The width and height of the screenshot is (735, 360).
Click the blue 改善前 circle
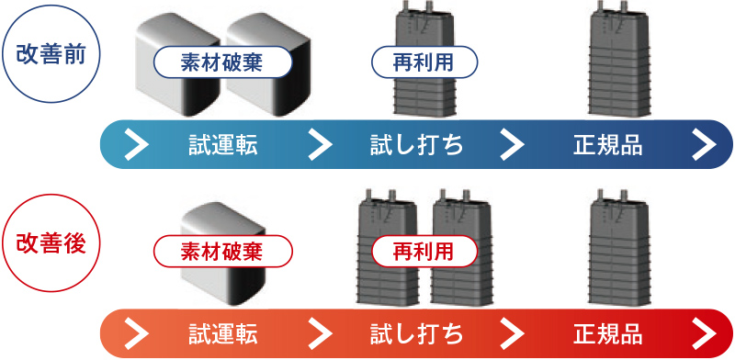(x=51, y=51)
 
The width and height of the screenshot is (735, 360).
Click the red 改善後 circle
(x=51, y=242)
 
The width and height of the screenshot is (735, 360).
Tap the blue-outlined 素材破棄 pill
(x=222, y=62)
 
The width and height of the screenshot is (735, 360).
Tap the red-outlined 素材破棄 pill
(x=222, y=250)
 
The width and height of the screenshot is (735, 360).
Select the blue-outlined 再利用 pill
(x=424, y=62)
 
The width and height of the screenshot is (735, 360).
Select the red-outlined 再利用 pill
(x=424, y=250)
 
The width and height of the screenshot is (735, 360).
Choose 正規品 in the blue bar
(x=607, y=144)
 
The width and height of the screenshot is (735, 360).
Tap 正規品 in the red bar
(x=607, y=331)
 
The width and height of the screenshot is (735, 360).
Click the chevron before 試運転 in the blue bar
(x=135, y=144)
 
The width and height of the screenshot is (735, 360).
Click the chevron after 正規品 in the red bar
(x=705, y=331)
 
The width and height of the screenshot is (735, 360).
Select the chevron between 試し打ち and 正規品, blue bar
(x=512, y=144)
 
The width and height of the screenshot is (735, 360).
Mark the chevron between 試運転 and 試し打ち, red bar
(x=320, y=331)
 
